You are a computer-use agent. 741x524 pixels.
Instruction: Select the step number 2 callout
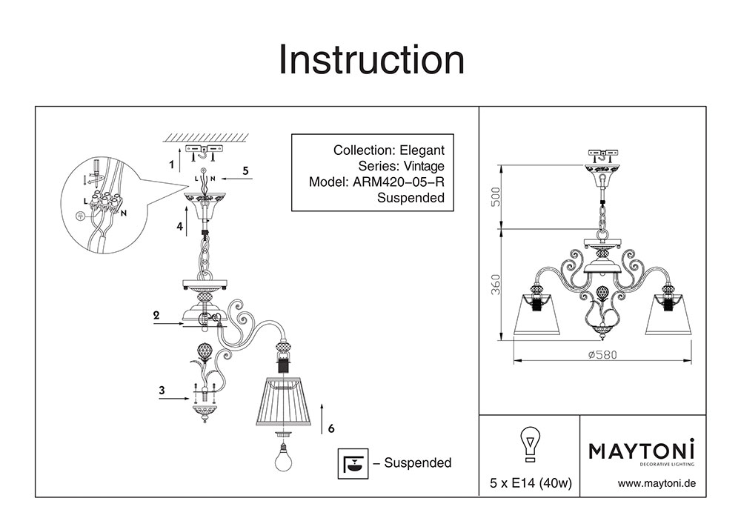tap(156, 315)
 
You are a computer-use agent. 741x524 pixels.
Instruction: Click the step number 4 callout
tap(179, 227)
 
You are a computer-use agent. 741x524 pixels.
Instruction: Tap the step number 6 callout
tap(330, 428)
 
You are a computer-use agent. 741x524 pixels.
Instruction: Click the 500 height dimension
tap(497, 196)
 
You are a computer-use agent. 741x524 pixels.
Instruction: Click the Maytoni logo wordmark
tap(641, 451)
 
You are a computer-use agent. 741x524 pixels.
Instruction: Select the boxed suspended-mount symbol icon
tap(353, 462)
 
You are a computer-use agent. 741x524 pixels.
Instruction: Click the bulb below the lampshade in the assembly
tap(283, 457)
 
